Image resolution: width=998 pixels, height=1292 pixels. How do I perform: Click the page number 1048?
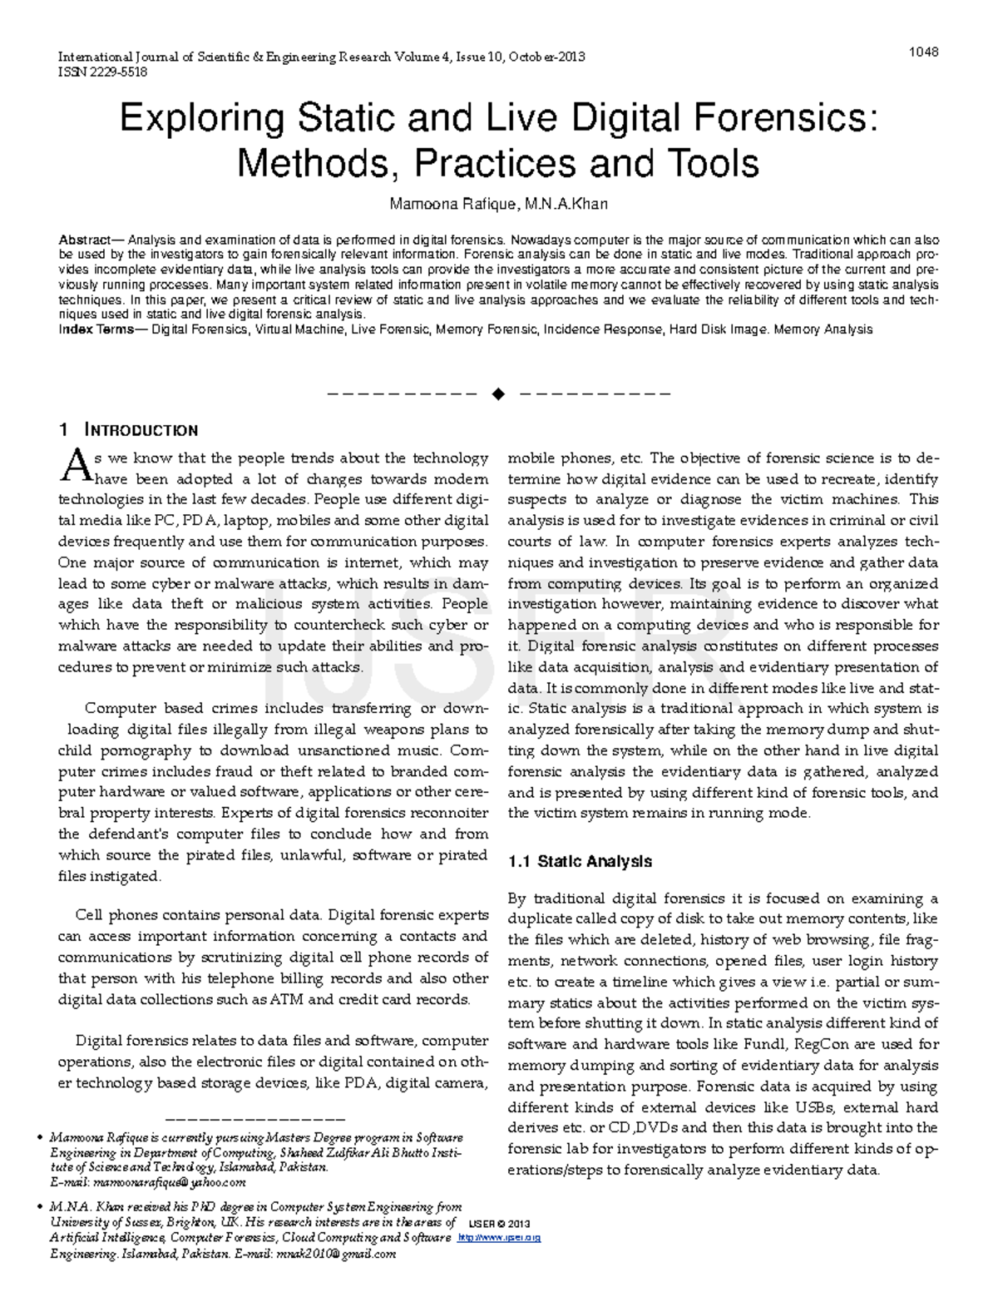(x=923, y=52)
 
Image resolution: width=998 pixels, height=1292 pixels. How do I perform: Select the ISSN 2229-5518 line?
(x=102, y=72)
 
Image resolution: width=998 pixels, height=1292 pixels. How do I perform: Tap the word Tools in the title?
(x=714, y=164)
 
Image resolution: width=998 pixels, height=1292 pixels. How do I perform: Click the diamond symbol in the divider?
(x=498, y=394)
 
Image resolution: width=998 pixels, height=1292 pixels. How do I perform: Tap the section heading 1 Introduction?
(x=128, y=430)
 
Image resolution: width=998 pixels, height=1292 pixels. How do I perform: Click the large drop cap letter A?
(x=74, y=466)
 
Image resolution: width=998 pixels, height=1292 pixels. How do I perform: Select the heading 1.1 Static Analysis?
(x=580, y=862)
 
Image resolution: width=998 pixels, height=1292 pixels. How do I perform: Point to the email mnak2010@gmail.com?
(x=336, y=1255)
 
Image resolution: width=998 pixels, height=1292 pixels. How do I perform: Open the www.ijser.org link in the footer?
(x=500, y=1238)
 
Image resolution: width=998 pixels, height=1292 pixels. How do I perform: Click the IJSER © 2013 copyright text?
(x=499, y=1224)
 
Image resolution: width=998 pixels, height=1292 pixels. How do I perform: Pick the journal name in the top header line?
(x=222, y=57)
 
